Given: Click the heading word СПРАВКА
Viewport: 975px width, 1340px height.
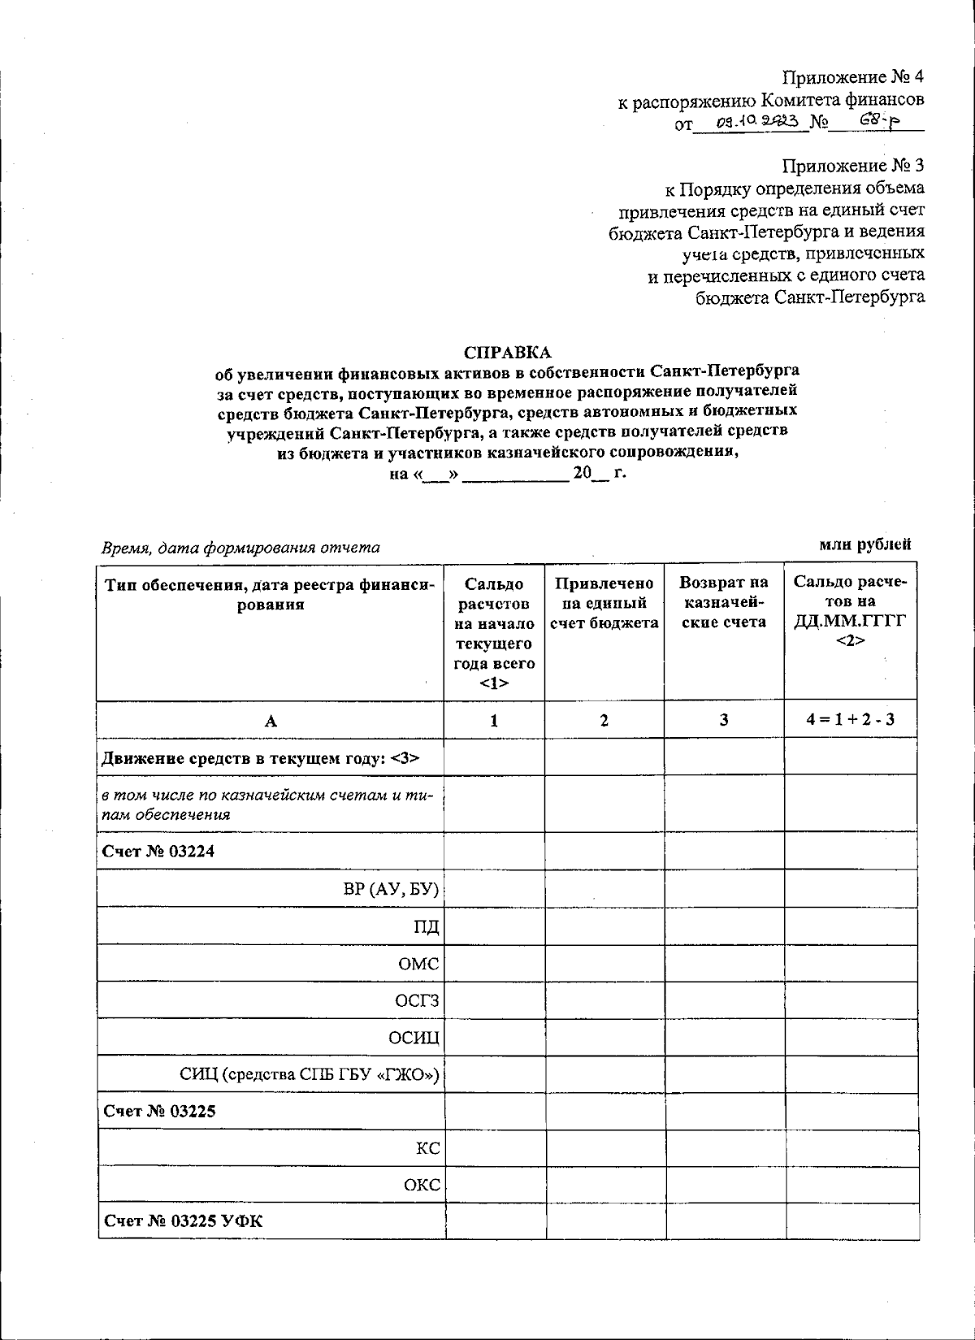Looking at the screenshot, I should coord(507,353).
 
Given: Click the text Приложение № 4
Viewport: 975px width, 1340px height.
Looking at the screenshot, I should coord(852,77).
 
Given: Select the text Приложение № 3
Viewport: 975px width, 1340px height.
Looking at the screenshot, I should coord(852,166).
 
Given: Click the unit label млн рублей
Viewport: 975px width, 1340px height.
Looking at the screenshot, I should coord(864,544).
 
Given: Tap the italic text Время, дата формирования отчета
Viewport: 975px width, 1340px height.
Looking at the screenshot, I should coord(240,548).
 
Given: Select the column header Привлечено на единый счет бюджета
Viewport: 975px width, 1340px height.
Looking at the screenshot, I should coord(604,604).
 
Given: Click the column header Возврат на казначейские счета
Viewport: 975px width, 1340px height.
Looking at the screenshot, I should coord(723,603).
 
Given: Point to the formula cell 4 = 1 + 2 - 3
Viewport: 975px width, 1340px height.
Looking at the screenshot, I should coord(851,719).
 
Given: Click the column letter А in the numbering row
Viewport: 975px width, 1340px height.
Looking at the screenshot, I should coord(271,721).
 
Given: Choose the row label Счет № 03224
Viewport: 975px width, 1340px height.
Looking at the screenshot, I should coord(159,851).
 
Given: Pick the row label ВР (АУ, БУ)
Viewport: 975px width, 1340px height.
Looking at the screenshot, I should coord(391,889).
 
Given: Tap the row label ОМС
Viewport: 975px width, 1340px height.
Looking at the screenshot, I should coord(418,964).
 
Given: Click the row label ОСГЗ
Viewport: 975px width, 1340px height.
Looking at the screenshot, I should coord(417,1000).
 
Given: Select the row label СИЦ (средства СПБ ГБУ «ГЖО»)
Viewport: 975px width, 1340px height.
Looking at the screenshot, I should coord(309,1075).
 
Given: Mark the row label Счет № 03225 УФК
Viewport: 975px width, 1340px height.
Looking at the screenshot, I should coord(184,1221).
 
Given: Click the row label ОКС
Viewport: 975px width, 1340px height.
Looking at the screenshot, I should coord(422,1185).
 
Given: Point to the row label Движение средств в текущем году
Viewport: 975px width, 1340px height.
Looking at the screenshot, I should coord(260,758).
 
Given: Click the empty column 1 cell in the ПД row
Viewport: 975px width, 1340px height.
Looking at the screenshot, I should coord(494,926).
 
